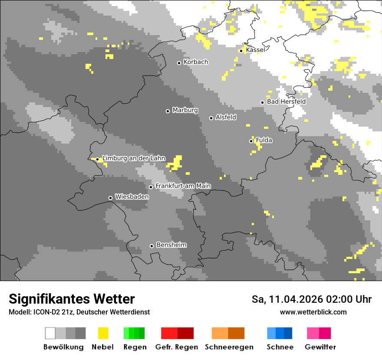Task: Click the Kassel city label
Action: point(255,50)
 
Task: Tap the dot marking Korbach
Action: point(179,63)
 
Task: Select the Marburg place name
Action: point(185,110)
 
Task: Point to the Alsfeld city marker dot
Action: point(211,118)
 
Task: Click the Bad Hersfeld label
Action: point(286,101)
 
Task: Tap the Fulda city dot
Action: point(251,141)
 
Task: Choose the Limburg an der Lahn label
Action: point(134,158)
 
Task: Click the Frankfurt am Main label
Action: point(183,186)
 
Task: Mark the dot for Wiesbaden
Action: point(110,198)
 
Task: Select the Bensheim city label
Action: point(171,245)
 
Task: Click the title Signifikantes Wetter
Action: point(72,299)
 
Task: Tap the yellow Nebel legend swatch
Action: point(103,333)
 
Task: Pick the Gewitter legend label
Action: point(320,347)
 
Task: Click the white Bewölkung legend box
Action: point(50,333)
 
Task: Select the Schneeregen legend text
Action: point(229,347)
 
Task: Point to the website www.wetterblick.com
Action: point(313,312)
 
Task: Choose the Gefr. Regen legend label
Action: point(177,347)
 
